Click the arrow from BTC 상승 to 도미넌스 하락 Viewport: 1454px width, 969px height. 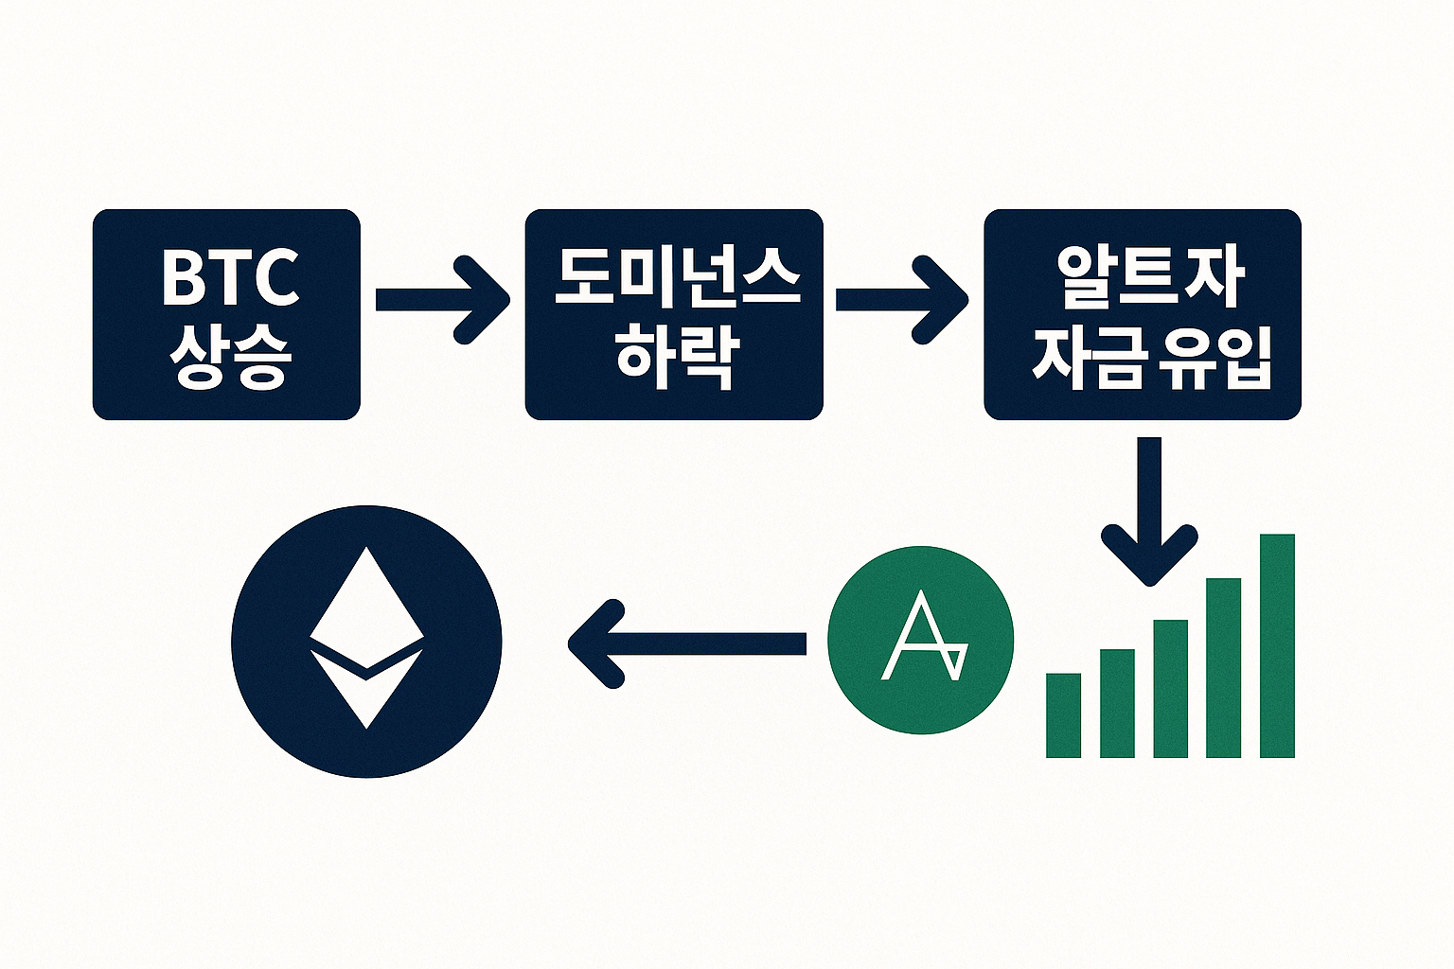click(442, 299)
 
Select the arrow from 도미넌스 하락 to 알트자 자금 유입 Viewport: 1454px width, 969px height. click(901, 299)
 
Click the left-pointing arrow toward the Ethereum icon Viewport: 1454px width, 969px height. click(686, 644)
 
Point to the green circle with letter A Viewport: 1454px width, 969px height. click(920, 640)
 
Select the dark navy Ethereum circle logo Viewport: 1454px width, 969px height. click(366, 642)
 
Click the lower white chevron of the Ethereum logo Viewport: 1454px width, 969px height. click(366, 686)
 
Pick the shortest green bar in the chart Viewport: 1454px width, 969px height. click(1063, 715)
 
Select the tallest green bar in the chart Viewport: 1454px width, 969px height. click(1277, 646)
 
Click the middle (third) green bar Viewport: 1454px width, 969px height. click(1170, 689)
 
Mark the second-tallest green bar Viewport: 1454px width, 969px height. click(1223, 668)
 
